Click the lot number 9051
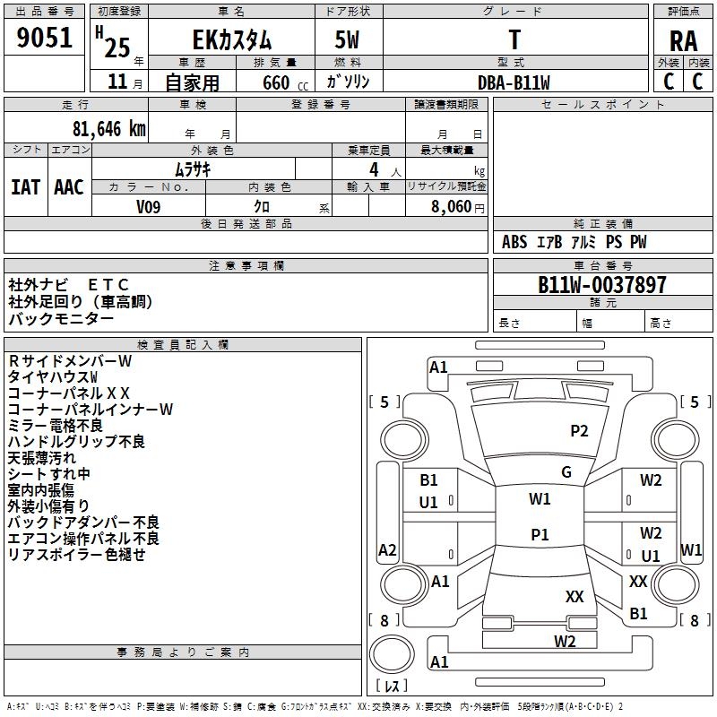45,38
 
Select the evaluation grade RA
683,40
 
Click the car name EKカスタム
232,40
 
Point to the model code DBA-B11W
514,82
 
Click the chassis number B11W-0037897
602,285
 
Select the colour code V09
149,206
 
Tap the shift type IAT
25,187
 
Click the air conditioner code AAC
69,187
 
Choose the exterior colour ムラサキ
192,168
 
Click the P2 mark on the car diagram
580,431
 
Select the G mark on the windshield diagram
566,472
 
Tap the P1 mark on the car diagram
540,534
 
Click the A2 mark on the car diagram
387,549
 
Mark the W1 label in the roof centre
540,498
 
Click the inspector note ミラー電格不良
55,425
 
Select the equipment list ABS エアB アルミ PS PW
574,242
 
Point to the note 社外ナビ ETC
69,284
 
